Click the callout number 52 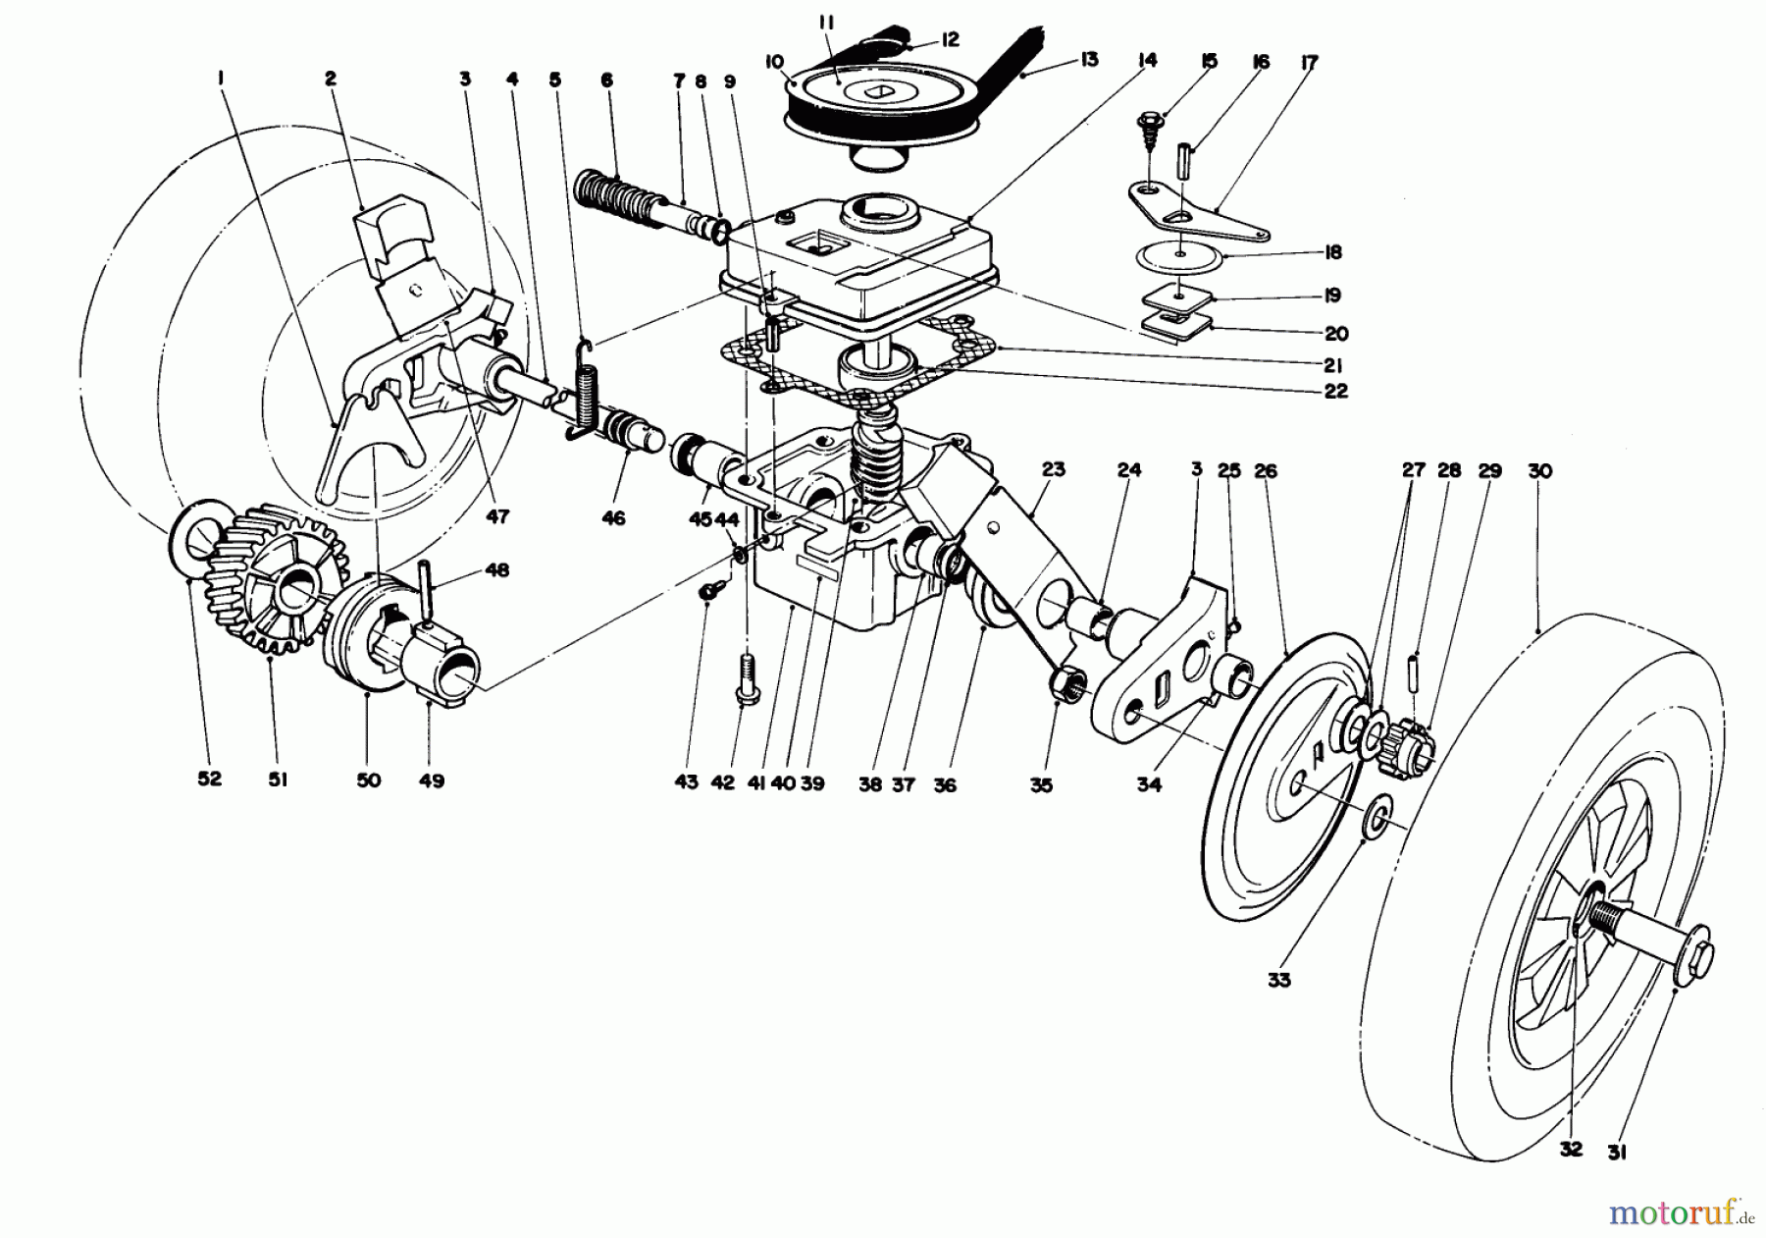click(x=209, y=779)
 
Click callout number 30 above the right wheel click(x=1539, y=471)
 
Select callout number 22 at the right click(x=1335, y=392)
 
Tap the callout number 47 click(x=498, y=516)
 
